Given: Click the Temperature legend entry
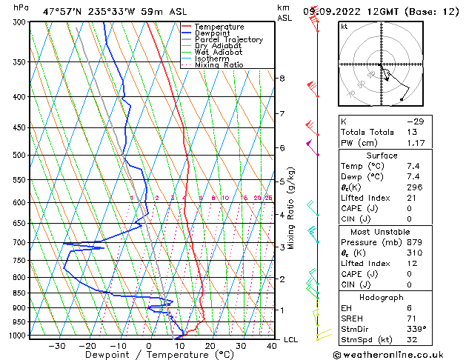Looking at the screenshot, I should pyautogui.click(x=219, y=27).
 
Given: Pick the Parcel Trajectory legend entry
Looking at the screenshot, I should pyautogui.click(x=228, y=40).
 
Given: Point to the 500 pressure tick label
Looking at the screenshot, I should pyautogui.click(x=19, y=156).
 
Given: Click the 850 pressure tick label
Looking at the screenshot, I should pyautogui.click(x=19, y=293).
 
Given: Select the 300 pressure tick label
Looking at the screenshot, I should pyautogui.click(x=19, y=22).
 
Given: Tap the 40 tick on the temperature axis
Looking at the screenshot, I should pyautogui.click(x=271, y=346).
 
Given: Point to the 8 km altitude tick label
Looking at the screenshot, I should pyautogui.click(x=282, y=79).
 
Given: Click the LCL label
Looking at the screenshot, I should pyautogui.click(x=291, y=339).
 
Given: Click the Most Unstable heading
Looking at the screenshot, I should pyautogui.click(x=382, y=232).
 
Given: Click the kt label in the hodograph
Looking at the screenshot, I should pyautogui.click(x=344, y=26).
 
